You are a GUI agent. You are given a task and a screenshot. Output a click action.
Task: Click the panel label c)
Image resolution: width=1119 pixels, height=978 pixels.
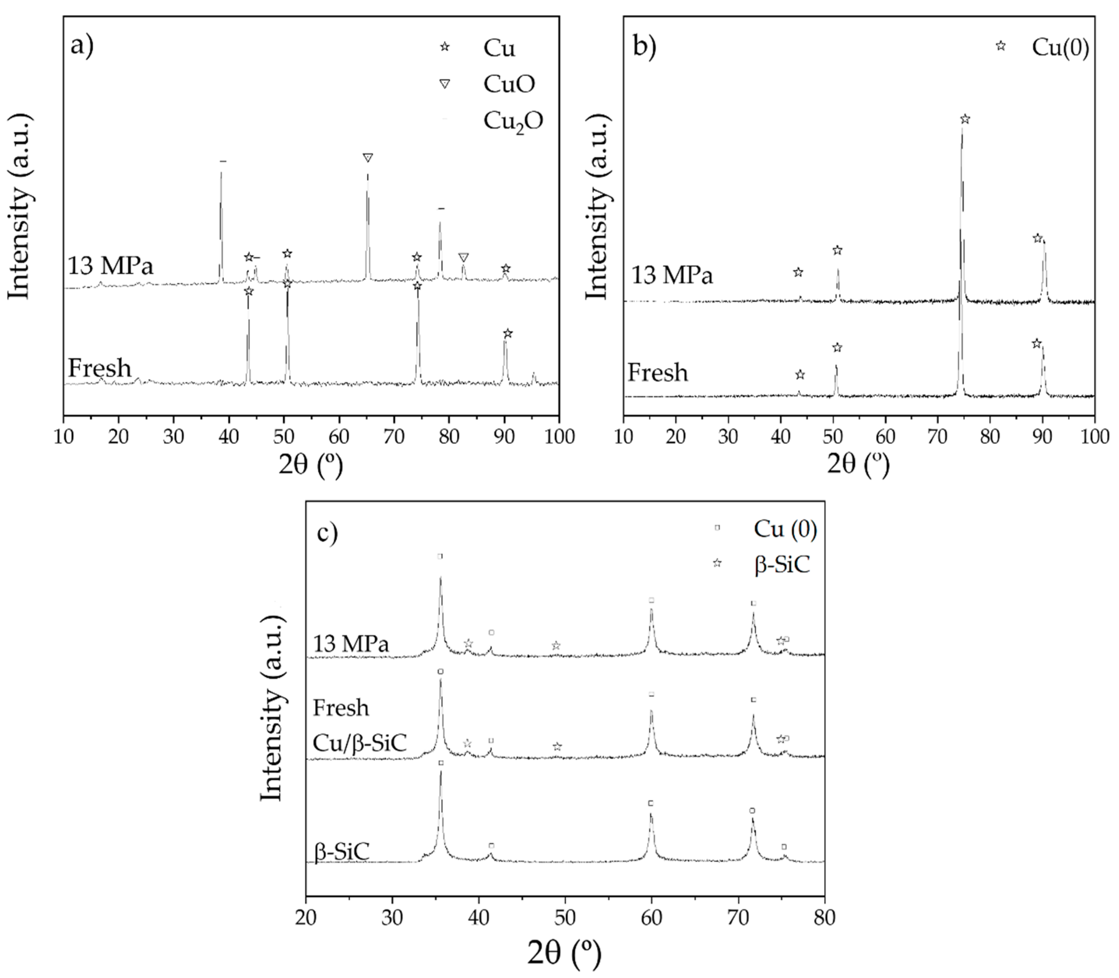pos(327,532)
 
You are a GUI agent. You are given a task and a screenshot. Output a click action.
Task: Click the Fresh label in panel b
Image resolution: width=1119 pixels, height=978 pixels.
pos(657,373)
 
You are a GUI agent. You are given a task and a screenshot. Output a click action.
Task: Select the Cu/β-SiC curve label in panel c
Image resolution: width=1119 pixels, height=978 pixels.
pos(359,743)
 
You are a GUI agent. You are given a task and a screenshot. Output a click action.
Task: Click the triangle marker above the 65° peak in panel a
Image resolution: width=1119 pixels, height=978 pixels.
pos(368,158)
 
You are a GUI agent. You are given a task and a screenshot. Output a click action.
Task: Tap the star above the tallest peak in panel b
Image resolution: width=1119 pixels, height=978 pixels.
pos(965,119)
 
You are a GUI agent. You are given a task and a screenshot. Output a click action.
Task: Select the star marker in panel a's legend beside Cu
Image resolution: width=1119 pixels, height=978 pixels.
pos(445,47)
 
